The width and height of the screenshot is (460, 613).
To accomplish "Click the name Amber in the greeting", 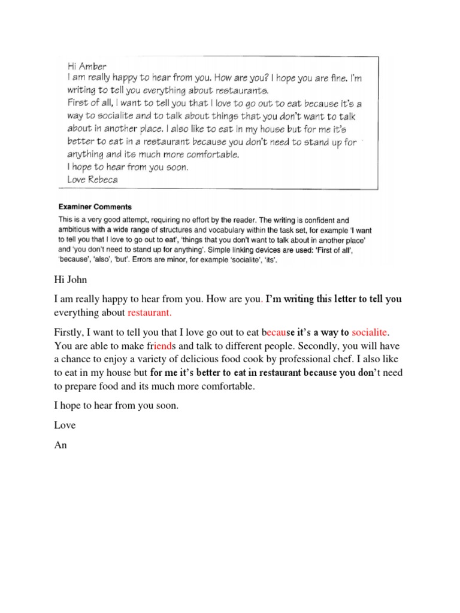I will click(x=95, y=67).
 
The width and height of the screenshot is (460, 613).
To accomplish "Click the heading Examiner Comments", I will click(x=95, y=207).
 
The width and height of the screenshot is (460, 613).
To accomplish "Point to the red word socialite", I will click(x=371, y=332).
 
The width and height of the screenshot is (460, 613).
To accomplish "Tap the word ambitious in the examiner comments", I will click(x=80, y=229).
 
